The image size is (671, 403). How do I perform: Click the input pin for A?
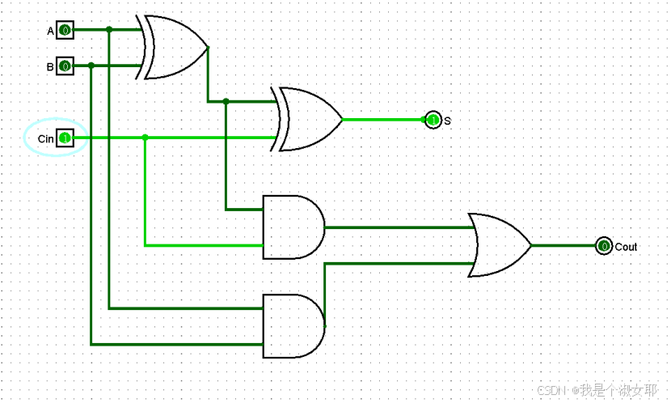pyautogui.click(x=65, y=31)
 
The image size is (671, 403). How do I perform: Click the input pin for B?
pyautogui.click(x=65, y=66)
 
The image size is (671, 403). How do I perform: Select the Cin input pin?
pyautogui.click(x=65, y=138)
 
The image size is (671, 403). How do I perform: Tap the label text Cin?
pyautogui.click(x=45, y=139)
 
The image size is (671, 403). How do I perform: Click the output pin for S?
pyautogui.click(x=433, y=120)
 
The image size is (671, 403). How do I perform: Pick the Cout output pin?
pyautogui.click(x=603, y=246)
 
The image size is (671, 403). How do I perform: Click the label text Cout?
pyautogui.click(x=626, y=246)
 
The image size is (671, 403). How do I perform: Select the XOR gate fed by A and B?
pyautogui.click(x=174, y=47)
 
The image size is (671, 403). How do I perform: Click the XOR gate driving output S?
pyautogui.click(x=308, y=120)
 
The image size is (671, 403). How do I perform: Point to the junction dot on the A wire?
pyautogui.click(x=109, y=31)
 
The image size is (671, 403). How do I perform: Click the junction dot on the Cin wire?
pyautogui.click(x=145, y=138)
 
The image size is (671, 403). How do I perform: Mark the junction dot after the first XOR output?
pyautogui.click(x=226, y=102)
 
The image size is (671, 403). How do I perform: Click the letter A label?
pyautogui.click(x=50, y=32)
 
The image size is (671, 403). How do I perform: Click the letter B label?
pyautogui.click(x=50, y=67)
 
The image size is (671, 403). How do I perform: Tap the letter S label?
pyautogui.click(x=447, y=121)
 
